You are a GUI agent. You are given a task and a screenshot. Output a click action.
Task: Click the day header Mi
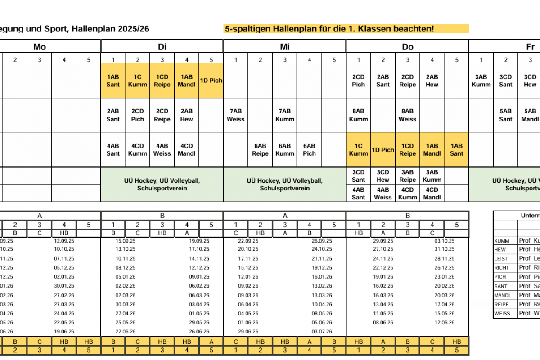[284, 47]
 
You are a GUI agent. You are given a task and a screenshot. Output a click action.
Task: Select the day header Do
[407, 47]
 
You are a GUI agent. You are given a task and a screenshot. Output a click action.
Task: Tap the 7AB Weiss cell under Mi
[235, 115]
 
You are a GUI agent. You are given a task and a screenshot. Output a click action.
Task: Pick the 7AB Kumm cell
[284, 115]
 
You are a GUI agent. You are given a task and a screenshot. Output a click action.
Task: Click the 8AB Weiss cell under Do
[407, 115]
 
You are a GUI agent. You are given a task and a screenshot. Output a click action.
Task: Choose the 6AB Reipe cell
[260, 150]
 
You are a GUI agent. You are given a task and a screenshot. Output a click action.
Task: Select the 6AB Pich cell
[309, 150]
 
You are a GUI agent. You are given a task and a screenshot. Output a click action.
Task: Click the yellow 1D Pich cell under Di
[211, 81]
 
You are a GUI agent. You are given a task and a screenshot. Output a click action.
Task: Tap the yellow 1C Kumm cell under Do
[358, 150]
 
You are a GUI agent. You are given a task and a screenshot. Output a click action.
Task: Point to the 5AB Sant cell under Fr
[506, 115]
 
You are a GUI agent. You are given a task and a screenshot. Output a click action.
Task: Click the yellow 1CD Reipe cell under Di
[162, 81]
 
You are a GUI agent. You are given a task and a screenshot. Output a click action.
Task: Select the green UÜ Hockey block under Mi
[284, 184]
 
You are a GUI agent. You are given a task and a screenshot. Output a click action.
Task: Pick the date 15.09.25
[125, 241]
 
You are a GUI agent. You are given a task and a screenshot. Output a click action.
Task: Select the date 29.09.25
[382, 241]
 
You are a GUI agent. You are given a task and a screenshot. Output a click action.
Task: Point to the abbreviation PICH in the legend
[500, 277]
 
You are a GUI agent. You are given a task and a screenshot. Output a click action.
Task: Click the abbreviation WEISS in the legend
[502, 314]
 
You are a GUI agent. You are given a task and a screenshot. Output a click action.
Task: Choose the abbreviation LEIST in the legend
[501, 259]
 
